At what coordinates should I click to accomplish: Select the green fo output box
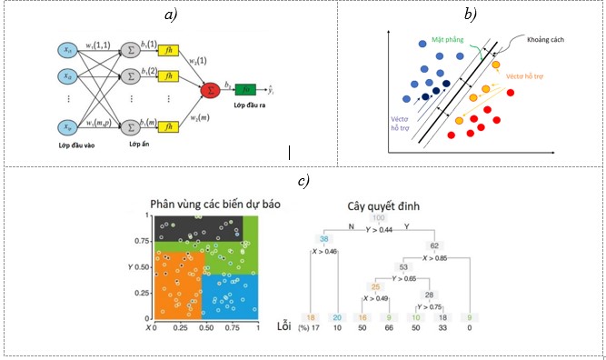coord(244,90)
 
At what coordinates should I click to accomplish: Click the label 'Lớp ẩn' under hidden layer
coord(138,145)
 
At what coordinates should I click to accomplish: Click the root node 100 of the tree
coord(377,219)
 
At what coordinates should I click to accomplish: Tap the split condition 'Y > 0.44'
coord(382,229)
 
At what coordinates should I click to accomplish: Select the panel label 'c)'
coord(301,179)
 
